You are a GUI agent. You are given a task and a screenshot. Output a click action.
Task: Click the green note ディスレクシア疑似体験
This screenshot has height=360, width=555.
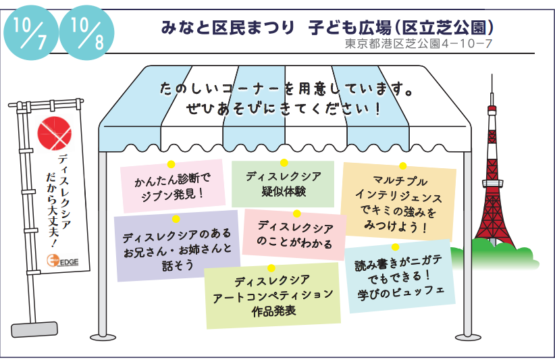point(283,184)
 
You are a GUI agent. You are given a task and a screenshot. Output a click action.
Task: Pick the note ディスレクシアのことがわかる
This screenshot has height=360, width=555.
point(294,235)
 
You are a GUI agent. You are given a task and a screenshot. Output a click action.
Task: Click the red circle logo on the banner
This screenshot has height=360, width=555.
point(54,133)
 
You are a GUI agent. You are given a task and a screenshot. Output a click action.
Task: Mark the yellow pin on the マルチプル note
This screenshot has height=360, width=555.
point(402,166)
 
